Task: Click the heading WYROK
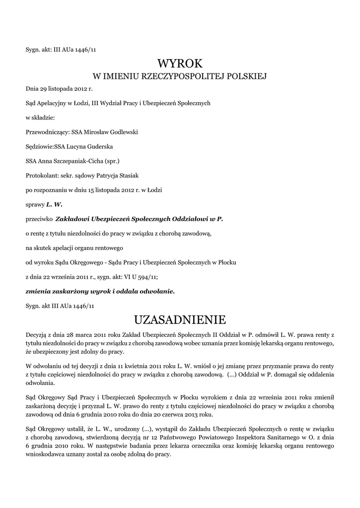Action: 180,63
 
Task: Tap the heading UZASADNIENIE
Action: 180,318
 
